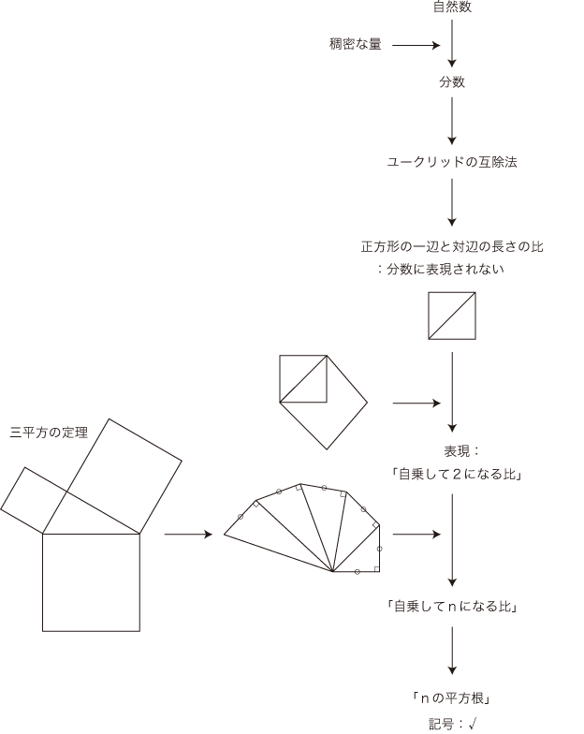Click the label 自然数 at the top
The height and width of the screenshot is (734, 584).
click(x=452, y=7)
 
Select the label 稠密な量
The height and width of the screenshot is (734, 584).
click(x=355, y=44)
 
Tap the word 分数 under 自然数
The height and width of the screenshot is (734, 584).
click(x=452, y=82)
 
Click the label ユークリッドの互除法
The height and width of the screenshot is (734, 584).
click(x=452, y=162)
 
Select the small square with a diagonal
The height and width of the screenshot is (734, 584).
click(x=452, y=316)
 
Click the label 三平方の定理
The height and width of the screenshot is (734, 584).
click(x=49, y=433)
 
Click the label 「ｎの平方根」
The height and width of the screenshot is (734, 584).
click(x=452, y=697)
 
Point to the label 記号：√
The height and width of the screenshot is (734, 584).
click(x=452, y=723)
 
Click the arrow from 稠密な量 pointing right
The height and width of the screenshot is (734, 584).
click(x=416, y=44)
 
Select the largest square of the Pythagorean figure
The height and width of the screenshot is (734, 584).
click(x=91, y=582)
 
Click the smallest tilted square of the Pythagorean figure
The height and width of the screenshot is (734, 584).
click(x=35, y=499)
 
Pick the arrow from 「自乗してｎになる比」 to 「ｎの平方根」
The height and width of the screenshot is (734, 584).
click(x=452, y=651)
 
